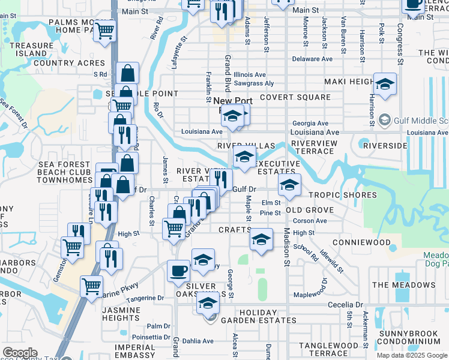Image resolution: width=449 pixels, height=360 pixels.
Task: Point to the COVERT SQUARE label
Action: click(295, 97)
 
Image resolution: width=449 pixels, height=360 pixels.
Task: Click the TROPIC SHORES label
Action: click(342, 195)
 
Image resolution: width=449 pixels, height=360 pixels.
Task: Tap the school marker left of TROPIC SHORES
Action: click(289, 184)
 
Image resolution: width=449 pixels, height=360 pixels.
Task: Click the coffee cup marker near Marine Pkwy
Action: click(178, 271)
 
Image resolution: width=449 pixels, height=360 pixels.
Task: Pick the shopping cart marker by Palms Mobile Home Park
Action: click(105, 30)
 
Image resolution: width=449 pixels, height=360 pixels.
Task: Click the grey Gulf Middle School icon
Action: click(385, 120)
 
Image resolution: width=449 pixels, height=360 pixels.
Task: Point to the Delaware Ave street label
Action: click(312, 59)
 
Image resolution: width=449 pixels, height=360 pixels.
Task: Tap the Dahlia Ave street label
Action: click(199, 341)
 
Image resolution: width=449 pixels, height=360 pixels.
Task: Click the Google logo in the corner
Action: click(20, 353)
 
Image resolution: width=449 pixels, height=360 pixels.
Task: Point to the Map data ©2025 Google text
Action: click(412, 355)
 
